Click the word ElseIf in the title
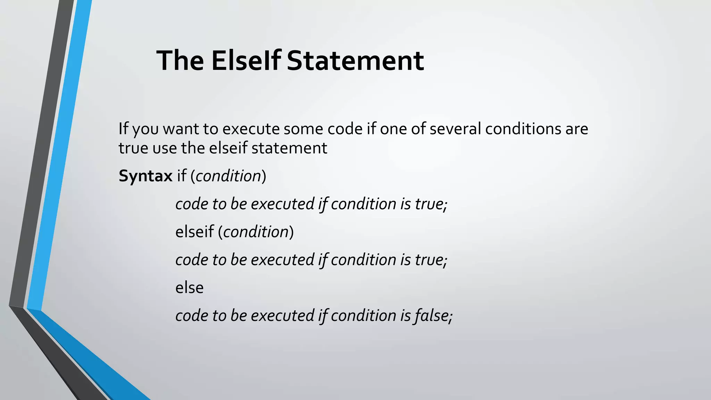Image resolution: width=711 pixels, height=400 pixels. (x=246, y=60)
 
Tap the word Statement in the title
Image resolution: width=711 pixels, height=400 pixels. (x=355, y=60)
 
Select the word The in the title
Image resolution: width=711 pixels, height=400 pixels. (x=180, y=60)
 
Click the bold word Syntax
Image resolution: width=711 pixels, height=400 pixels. (x=145, y=176)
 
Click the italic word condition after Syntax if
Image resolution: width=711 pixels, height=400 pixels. (x=228, y=176)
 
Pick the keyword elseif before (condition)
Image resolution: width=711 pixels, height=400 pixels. (x=194, y=232)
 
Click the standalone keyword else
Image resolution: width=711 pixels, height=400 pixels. (x=190, y=288)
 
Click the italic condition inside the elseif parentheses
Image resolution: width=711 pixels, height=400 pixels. (x=256, y=232)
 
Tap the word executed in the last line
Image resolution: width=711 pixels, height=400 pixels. (x=282, y=316)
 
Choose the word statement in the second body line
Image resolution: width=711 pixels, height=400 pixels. (x=289, y=148)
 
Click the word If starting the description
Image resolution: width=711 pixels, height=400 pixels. (x=123, y=129)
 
